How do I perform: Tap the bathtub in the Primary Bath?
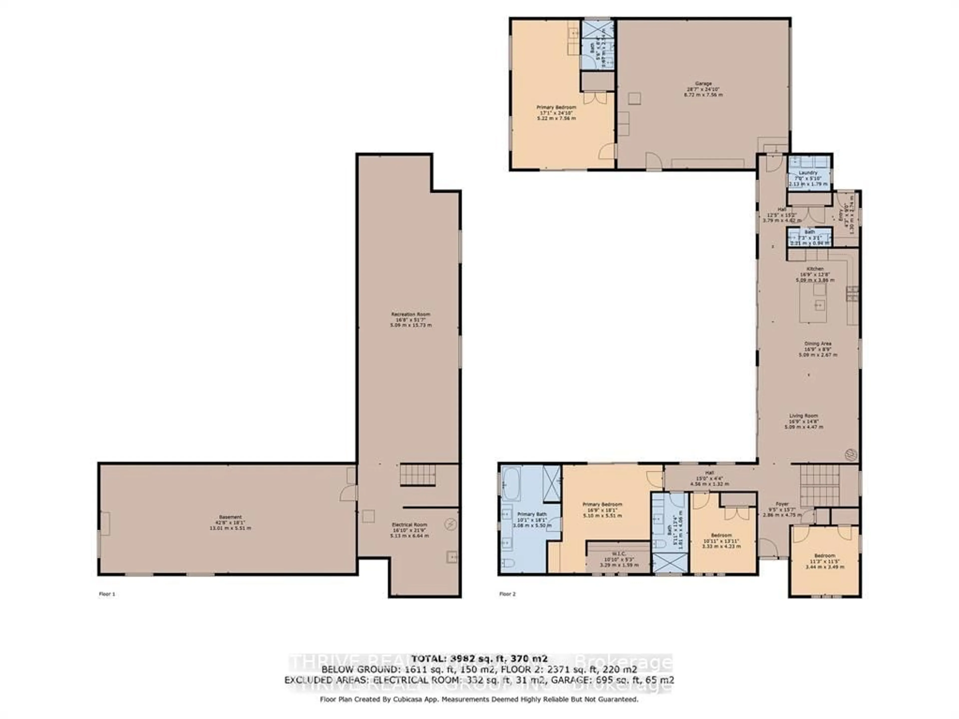[x=511, y=483]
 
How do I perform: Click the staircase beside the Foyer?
[x=819, y=485]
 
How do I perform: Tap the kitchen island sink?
[x=819, y=305]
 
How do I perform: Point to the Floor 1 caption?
[x=107, y=594]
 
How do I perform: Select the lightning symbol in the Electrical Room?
[x=451, y=525]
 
